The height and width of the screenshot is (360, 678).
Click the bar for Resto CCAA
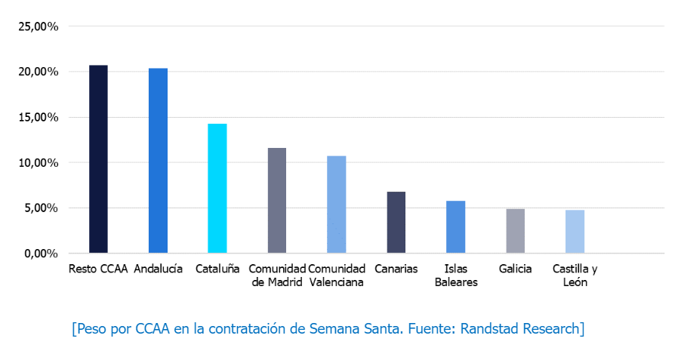(98, 159)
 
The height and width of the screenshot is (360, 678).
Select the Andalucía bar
(158, 161)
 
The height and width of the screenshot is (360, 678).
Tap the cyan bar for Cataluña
(217, 188)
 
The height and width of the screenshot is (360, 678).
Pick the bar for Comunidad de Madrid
(277, 200)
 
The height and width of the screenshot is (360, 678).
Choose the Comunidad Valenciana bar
(337, 205)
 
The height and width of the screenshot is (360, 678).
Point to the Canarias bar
(396, 223)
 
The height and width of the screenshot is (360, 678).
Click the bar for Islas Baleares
(455, 227)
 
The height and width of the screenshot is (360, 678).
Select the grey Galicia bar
(515, 231)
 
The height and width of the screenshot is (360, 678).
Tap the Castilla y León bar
(575, 232)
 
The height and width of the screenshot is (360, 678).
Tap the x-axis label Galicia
(515, 269)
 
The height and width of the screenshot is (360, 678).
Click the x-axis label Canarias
(396, 269)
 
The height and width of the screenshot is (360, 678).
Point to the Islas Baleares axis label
(455, 275)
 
